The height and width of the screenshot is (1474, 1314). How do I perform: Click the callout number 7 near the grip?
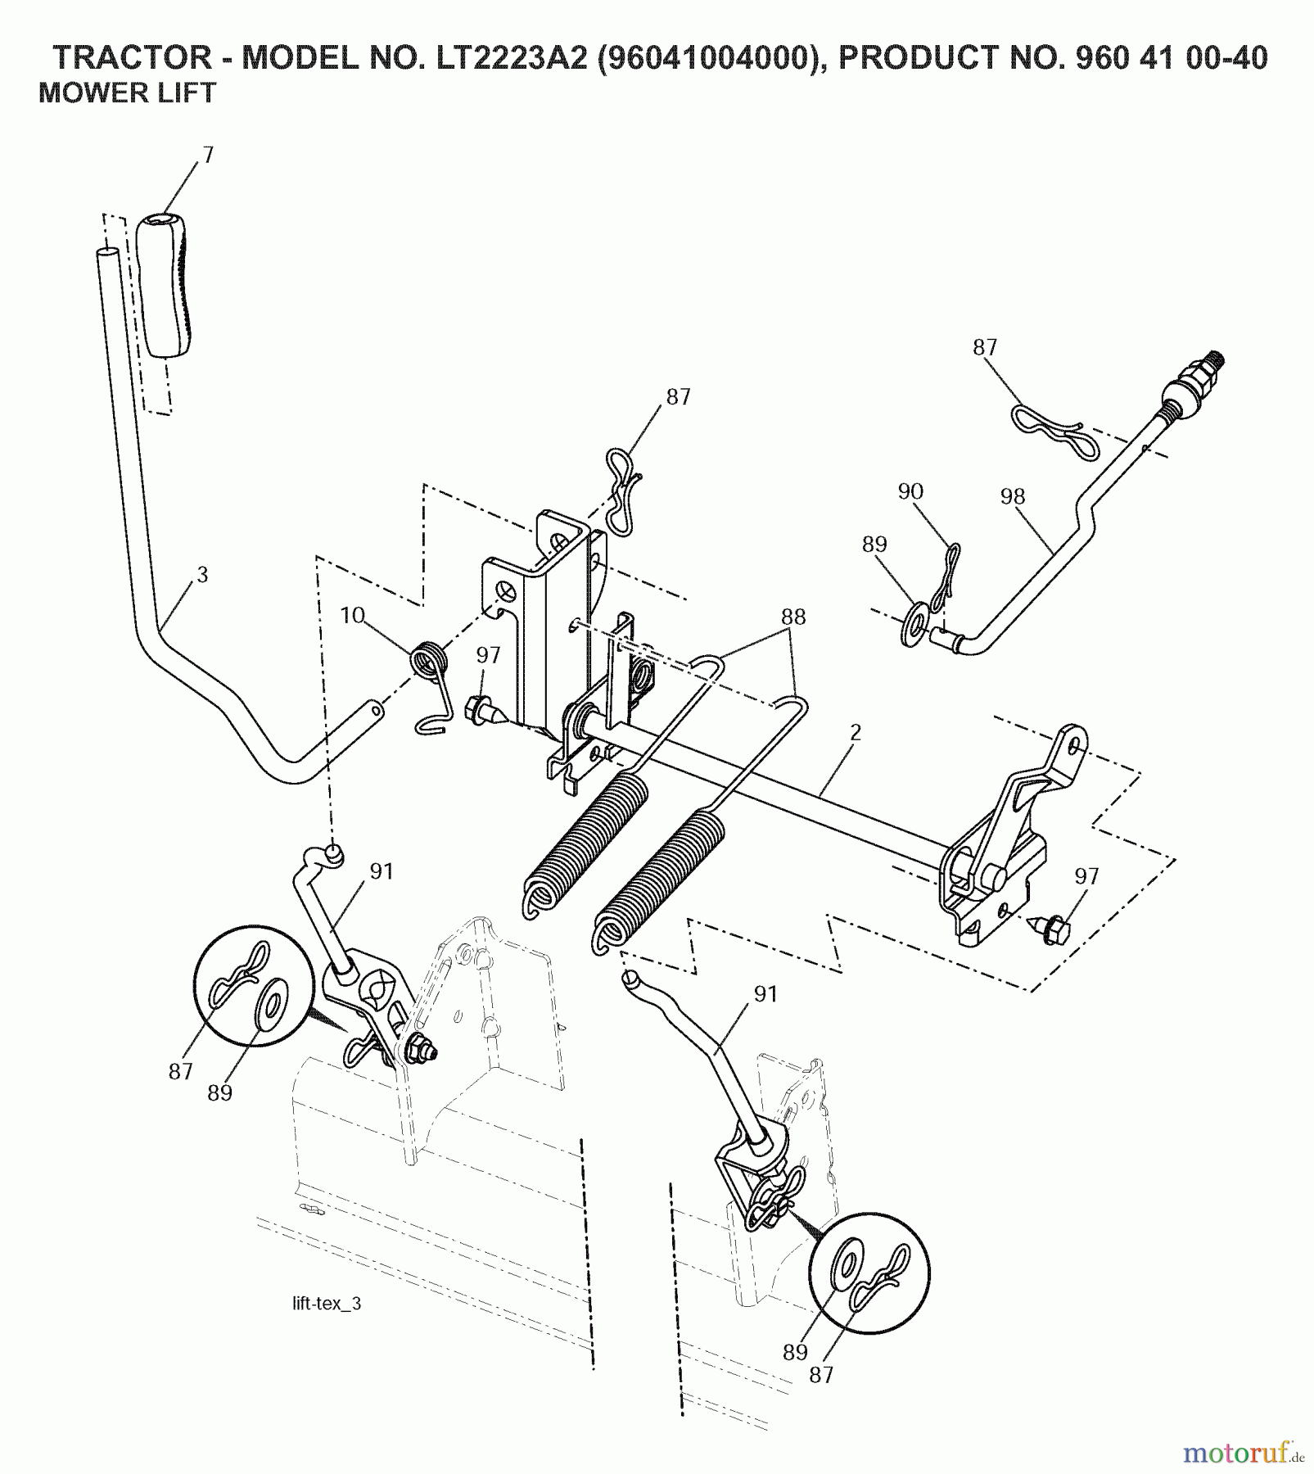click(208, 155)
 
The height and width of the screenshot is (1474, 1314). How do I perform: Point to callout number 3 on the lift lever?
click(202, 575)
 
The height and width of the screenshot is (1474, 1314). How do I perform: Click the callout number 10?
click(352, 615)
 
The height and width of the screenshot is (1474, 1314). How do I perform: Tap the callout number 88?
click(792, 616)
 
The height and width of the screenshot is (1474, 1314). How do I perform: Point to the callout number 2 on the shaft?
click(855, 732)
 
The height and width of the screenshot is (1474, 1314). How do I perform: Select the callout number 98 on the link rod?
click(1013, 496)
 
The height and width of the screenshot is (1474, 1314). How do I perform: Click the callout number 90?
click(910, 491)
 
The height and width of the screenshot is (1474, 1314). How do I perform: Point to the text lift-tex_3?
click(327, 1304)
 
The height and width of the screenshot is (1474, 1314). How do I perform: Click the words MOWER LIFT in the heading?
click(127, 93)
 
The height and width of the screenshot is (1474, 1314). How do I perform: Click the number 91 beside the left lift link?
click(382, 871)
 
